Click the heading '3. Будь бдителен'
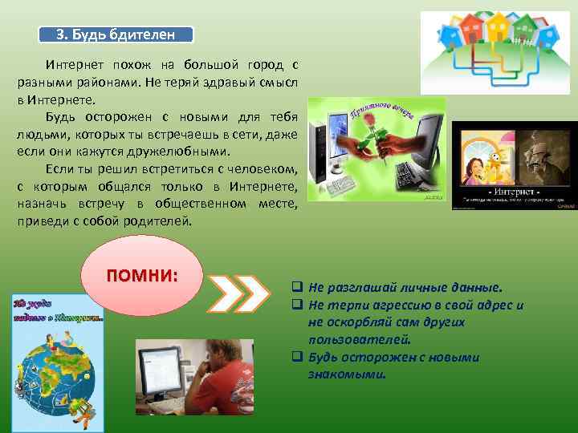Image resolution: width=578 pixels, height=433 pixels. pyautogui.click(x=117, y=34)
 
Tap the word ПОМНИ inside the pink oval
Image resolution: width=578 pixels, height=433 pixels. pyautogui.click(x=142, y=274)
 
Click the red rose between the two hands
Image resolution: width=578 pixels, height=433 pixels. pyautogui.click(x=366, y=133)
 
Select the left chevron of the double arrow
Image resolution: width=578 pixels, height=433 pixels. pyautogui.click(x=226, y=293)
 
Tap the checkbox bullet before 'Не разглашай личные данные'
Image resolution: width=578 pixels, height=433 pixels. pyautogui.click(x=296, y=287)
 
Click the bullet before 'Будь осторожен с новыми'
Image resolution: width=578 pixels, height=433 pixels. pyautogui.click(x=296, y=358)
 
